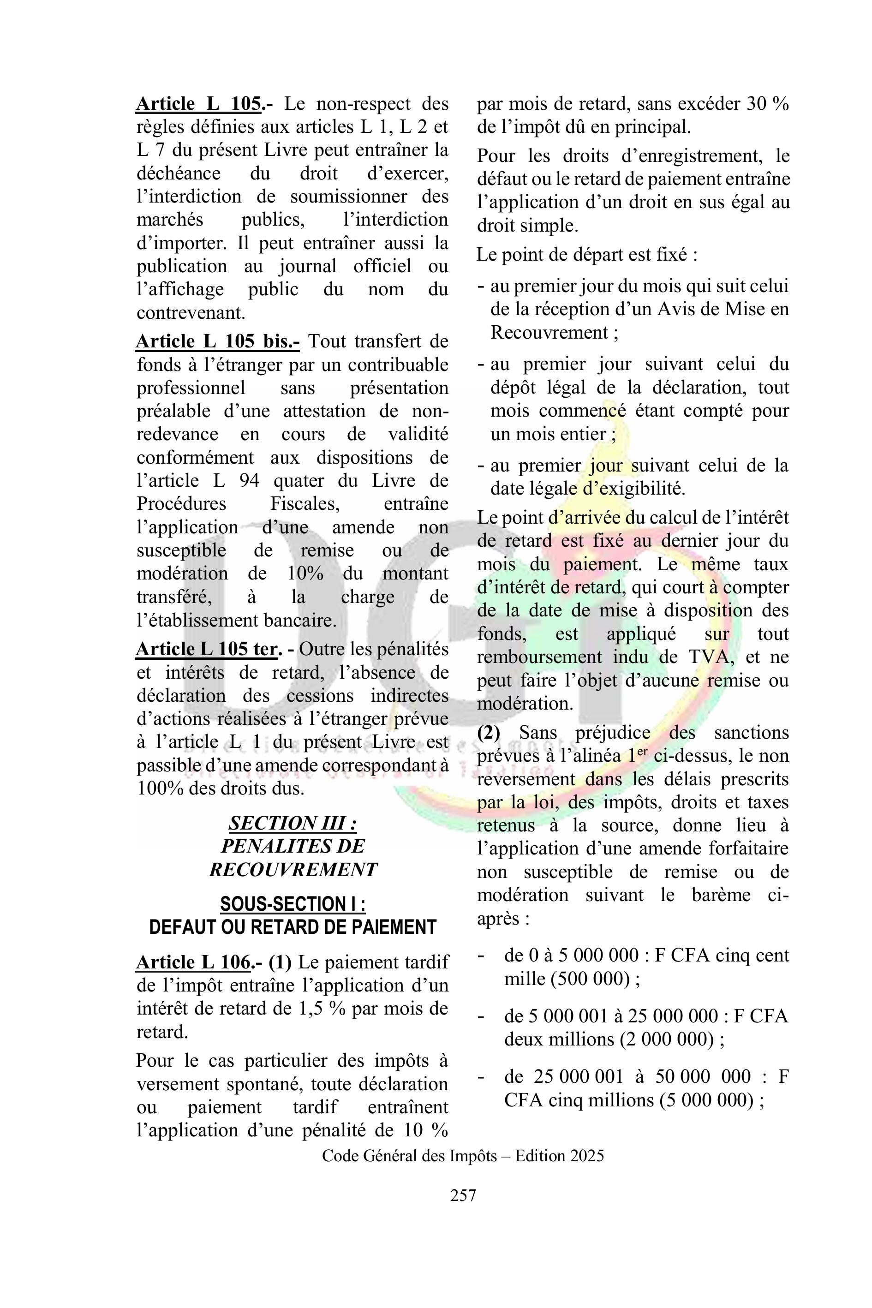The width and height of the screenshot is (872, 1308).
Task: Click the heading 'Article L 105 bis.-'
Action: point(217,341)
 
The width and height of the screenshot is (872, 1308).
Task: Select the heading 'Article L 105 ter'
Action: point(207,649)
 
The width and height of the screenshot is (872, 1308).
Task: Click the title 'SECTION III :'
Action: point(293,823)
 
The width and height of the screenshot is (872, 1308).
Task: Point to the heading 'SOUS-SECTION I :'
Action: point(293,904)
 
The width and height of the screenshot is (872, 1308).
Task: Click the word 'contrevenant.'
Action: point(191,312)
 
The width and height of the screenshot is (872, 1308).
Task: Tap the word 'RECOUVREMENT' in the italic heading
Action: point(293,869)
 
